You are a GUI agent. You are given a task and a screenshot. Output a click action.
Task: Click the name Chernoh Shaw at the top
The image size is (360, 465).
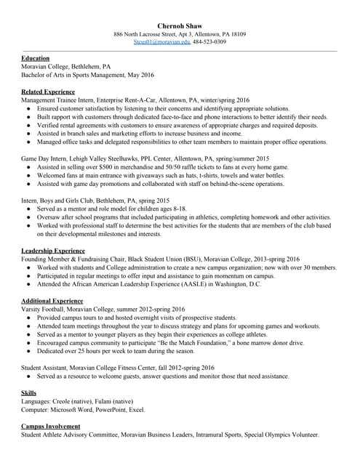click(x=180, y=26)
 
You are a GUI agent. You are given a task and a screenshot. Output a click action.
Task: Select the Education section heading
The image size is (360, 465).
click(x=36, y=58)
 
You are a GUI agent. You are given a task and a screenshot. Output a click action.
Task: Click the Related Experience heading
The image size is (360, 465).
click(x=48, y=92)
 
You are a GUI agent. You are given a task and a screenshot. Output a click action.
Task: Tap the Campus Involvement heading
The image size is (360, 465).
click(x=51, y=426)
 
